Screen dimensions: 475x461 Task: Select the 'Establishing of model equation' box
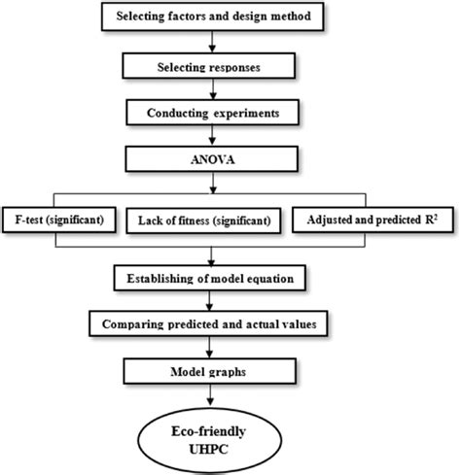[212, 281]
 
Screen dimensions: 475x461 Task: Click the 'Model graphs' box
[212, 369]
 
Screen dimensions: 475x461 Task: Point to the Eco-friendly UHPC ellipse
[213, 433]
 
